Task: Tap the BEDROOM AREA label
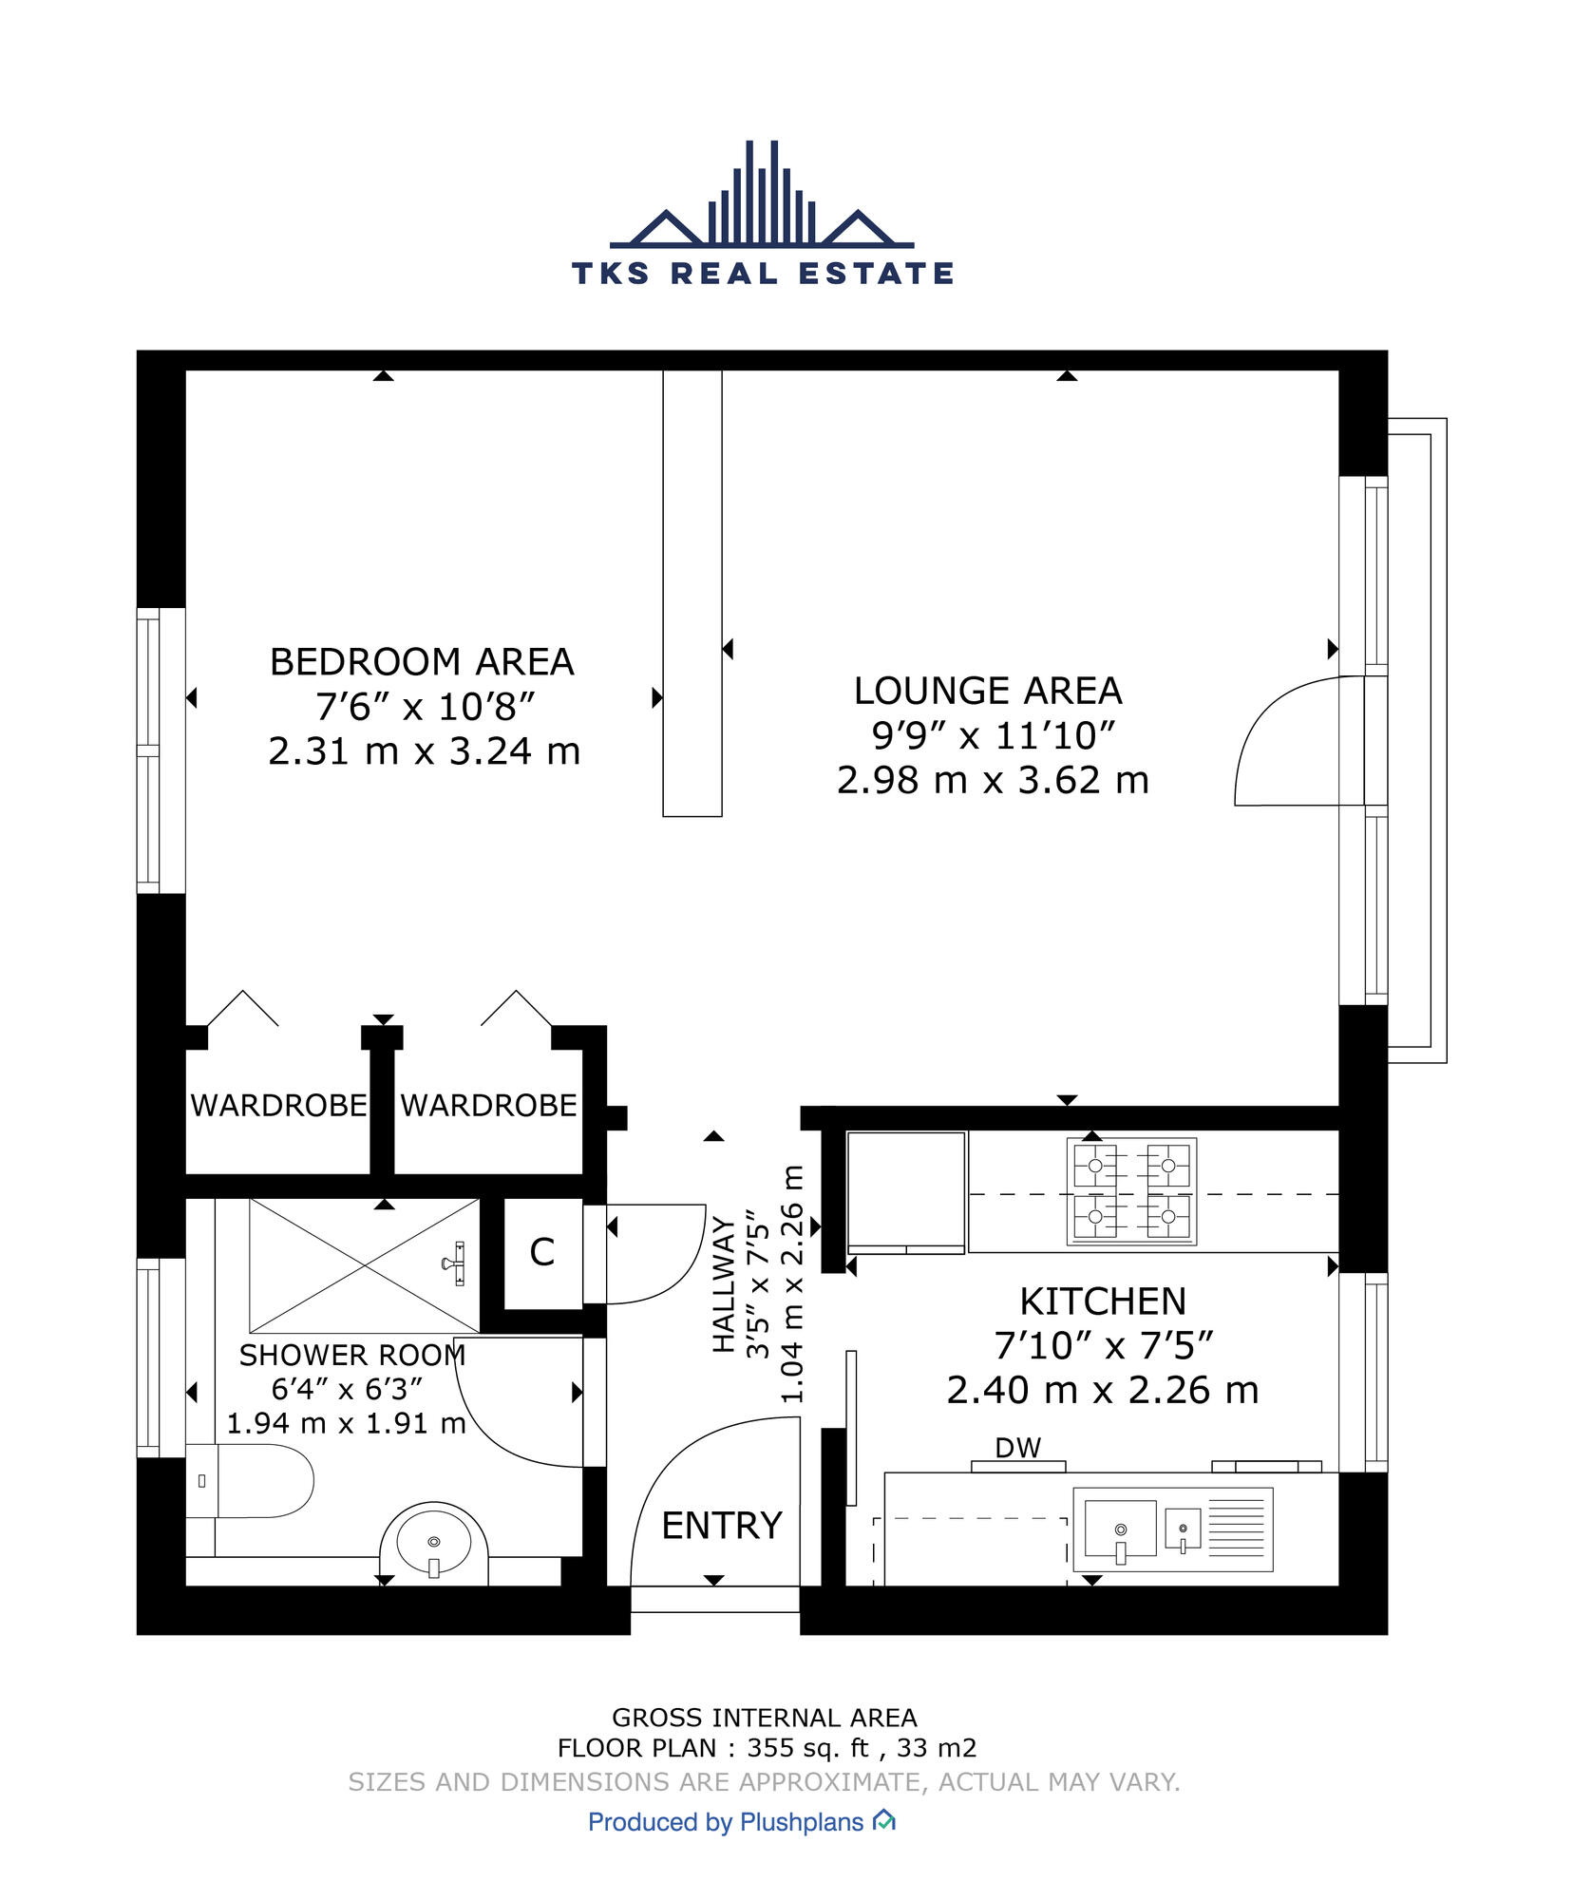click(x=422, y=662)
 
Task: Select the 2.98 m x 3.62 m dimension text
click(x=993, y=781)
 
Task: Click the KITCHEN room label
click(x=1103, y=1301)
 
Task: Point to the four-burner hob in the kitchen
click(x=1130, y=1190)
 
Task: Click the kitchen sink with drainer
click(x=1172, y=1529)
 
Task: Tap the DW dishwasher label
click(x=1017, y=1448)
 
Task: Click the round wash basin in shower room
click(x=434, y=1541)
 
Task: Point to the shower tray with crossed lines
click(x=364, y=1264)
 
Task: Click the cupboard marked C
click(x=542, y=1252)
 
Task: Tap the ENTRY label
click(x=721, y=1526)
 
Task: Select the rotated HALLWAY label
click(x=725, y=1284)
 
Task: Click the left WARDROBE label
click(x=278, y=1105)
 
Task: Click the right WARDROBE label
click(x=488, y=1105)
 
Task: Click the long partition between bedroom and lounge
click(x=692, y=593)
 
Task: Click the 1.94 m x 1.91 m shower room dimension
click(x=346, y=1423)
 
